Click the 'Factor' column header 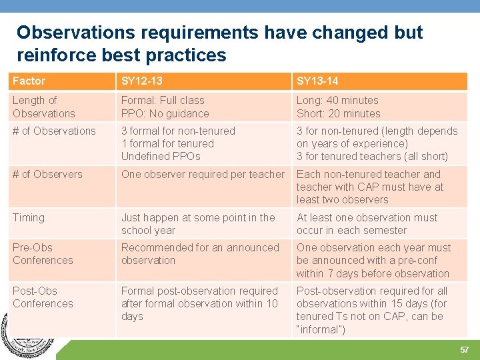tap(29, 81)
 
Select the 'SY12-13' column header tap(141, 81)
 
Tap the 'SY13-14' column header tap(317, 81)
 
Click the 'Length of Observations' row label tap(44, 107)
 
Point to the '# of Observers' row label tap(47, 174)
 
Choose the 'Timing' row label tap(29, 217)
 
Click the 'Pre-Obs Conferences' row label tap(43, 254)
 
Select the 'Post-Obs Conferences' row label tap(43, 297)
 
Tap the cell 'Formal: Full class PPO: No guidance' tap(165, 107)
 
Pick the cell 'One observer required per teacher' tap(203, 174)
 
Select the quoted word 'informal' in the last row tap(321, 329)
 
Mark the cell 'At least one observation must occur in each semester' tap(367, 224)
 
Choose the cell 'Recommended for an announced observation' tap(200, 254)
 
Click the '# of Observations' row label tap(54, 131)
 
